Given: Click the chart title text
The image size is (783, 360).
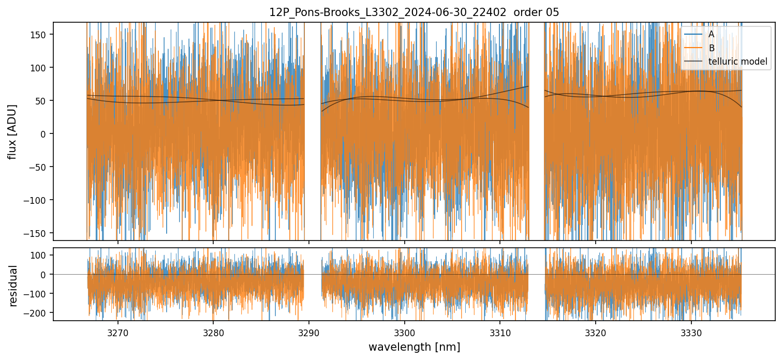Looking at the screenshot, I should [414, 12].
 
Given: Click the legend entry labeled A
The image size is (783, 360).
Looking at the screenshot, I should [711, 35].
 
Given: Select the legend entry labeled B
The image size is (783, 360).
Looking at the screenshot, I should [711, 49].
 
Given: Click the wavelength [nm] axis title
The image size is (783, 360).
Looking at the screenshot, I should [414, 347].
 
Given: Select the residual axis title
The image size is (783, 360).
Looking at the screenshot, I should [13, 285].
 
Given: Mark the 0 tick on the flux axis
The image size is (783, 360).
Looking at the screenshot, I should [45, 133].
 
